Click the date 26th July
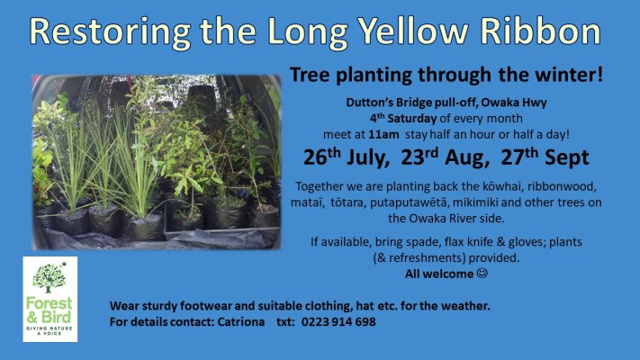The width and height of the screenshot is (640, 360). [x=347, y=157]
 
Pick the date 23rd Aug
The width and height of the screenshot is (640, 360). [x=445, y=157]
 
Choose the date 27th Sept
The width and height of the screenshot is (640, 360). [x=545, y=157]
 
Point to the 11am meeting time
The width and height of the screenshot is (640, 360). [x=383, y=135]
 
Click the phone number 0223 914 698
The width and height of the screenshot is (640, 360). [x=338, y=321]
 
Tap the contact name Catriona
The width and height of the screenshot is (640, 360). [x=241, y=321]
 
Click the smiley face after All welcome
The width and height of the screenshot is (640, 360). [x=482, y=273]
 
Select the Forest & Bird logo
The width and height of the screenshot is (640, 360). [x=50, y=299]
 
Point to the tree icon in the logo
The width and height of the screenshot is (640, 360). [x=50, y=277]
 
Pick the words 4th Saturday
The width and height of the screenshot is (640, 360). [x=403, y=119]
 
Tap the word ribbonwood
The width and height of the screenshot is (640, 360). [x=562, y=186]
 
